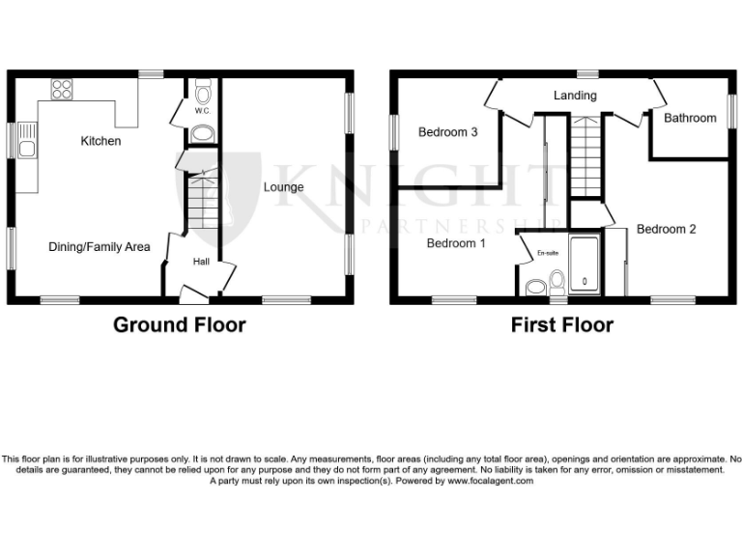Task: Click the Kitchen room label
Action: (100, 141)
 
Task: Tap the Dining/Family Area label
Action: (100, 247)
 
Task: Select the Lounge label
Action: (283, 187)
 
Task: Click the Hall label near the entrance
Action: (201, 262)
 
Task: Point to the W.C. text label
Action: (202, 111)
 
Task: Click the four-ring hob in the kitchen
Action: (62, 89)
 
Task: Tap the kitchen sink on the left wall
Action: (26, 148)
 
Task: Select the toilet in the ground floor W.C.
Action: (202, 93)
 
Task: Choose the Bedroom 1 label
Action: (456, 243)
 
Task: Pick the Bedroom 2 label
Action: (666, 230)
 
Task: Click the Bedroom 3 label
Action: (448, 133)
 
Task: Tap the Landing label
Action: (575, 96)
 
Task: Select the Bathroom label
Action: (690, 118)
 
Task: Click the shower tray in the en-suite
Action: (585, 265)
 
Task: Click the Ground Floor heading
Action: (180, 324)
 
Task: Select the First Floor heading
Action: (561, 324)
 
